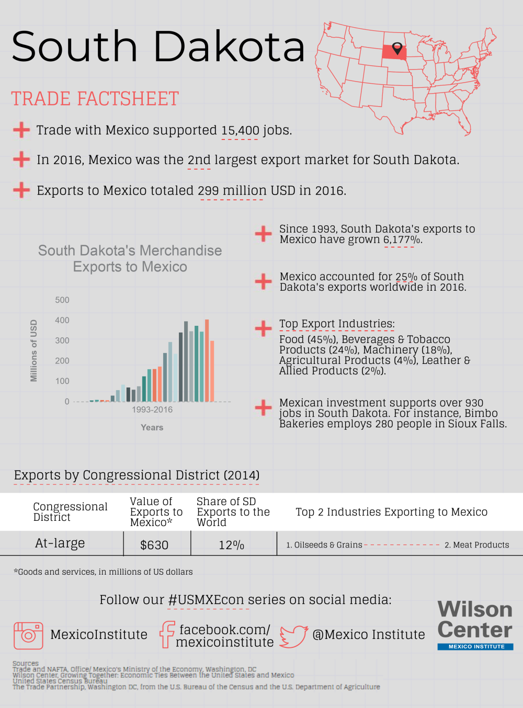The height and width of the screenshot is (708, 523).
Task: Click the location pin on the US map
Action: [x=397, y=49]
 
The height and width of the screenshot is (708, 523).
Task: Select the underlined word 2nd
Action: [x=199, y=160]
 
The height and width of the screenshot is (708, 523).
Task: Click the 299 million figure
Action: [x=231, y=191]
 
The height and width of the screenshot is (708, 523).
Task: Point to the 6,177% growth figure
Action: [x=402, y=240]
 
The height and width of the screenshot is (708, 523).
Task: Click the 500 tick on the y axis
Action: [x=62, y=300]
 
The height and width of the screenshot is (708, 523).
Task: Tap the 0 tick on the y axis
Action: [x=67, y=402]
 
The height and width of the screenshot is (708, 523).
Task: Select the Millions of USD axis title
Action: [x=34, y=350]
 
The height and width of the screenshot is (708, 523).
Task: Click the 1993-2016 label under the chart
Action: [x=152, y=410]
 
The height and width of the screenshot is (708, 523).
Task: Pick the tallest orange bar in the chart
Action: [x=207, y=360]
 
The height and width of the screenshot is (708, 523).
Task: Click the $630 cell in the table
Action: [x=154, y=545]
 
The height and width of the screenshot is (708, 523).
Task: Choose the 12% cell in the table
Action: [x=231, y=545]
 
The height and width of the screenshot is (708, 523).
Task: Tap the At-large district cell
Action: [x=60, y=544]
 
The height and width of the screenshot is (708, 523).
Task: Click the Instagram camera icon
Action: [x=28, y=635]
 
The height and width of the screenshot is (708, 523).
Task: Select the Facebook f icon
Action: [x=167, y=635]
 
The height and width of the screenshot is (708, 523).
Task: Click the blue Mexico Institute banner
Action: [x=475, y=647]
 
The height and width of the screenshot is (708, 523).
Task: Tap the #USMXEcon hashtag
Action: [x=207, y=600]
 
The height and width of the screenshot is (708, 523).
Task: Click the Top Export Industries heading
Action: [x=337, y=324]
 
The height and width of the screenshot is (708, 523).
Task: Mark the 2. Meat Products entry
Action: [x=476, y=545]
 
